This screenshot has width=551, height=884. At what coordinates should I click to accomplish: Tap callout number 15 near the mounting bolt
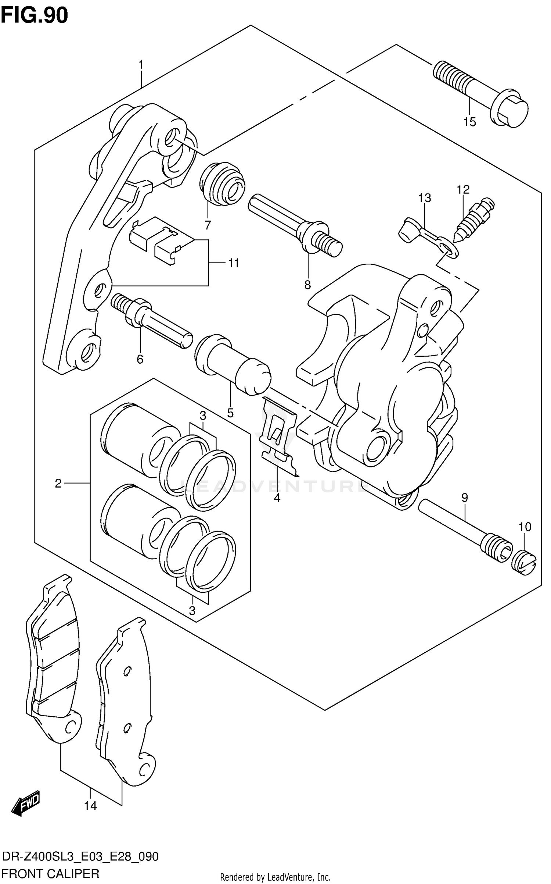click(469, 122)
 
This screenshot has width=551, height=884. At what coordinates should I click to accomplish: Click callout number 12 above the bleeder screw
click(463, 190)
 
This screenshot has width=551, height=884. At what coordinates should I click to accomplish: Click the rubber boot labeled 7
click(222, 183)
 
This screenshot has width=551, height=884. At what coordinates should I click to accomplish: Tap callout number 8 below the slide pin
click(307, 285)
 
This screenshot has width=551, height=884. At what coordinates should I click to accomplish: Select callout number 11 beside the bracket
click(234, 263)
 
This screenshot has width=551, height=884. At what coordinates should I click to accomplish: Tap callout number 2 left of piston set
click(58, 484)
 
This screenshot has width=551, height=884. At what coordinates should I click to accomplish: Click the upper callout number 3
click(203, 416)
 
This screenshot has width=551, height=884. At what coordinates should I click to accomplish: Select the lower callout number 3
click(192, 611)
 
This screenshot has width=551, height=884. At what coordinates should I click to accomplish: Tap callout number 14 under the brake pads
click(90, 806)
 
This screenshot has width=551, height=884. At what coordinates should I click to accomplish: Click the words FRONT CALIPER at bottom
click(51, 874)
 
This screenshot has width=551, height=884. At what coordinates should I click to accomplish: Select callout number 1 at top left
click(140, 65)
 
